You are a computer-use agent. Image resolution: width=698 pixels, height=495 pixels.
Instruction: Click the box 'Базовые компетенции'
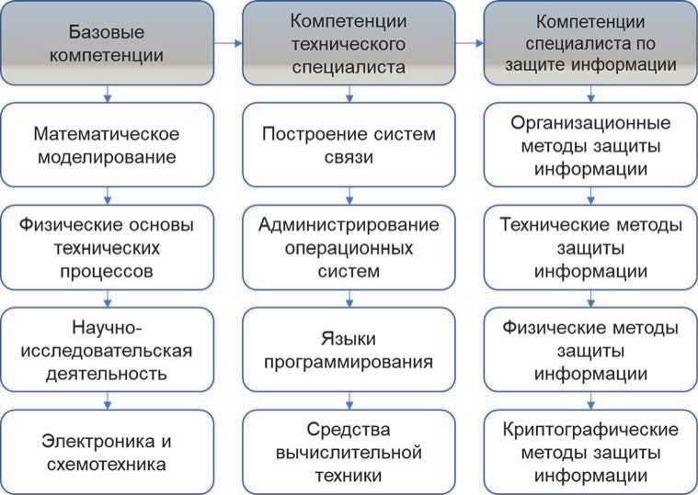(x=109, y=43)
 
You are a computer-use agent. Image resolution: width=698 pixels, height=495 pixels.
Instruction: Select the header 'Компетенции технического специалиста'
(x=349, y=43)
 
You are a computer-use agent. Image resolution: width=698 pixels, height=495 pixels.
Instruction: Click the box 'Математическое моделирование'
(x=109, y=144)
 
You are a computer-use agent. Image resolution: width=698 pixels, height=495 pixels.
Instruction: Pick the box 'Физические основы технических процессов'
(x=109, y=247)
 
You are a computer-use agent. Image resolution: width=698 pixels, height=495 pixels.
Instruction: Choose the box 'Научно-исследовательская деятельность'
(x=109, y=350)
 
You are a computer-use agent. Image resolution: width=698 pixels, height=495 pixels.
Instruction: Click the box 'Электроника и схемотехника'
(x=109, y=453)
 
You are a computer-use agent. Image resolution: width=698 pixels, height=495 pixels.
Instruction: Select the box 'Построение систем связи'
(x=349, y=144)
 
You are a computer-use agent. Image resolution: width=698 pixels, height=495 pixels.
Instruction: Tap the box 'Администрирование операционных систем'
(x=349, y=247)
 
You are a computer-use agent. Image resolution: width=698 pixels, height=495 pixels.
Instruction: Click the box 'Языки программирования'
(x=349, y=350)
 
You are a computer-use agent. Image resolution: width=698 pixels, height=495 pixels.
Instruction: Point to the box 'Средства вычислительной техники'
(x=349, y=453)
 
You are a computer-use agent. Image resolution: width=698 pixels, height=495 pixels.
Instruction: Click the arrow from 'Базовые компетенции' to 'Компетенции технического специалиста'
(x=227, y=43)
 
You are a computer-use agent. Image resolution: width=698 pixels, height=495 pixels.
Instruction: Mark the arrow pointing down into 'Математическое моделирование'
(x=109, y=94)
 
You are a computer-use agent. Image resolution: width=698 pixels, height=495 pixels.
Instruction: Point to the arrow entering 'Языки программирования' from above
(x=349, y=299)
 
